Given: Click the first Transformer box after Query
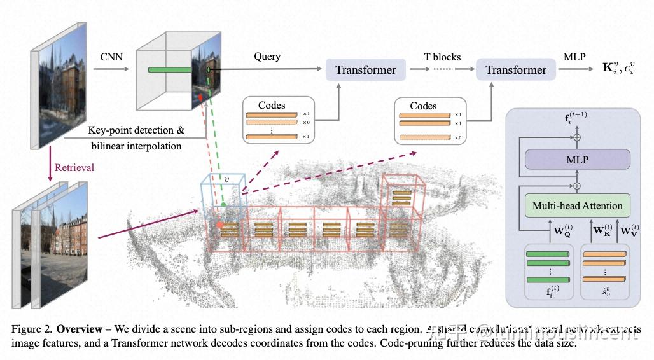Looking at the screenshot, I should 366,70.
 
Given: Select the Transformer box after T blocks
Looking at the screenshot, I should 516,70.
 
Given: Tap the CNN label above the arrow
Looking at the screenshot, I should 111,57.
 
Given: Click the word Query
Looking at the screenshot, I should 267,57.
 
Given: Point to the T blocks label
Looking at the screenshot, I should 442,57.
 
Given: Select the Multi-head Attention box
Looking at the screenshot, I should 576,205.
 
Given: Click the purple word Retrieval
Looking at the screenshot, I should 74,168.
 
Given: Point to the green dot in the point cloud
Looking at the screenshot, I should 223,205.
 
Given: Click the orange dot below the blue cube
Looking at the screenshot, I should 219,225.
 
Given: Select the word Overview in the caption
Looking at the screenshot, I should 79,329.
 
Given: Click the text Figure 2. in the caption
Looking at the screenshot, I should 32,329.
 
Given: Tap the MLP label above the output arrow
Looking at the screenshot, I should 574,57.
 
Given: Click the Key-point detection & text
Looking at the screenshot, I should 136,130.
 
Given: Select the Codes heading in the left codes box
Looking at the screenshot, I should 272,106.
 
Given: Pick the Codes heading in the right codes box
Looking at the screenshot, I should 423,106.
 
